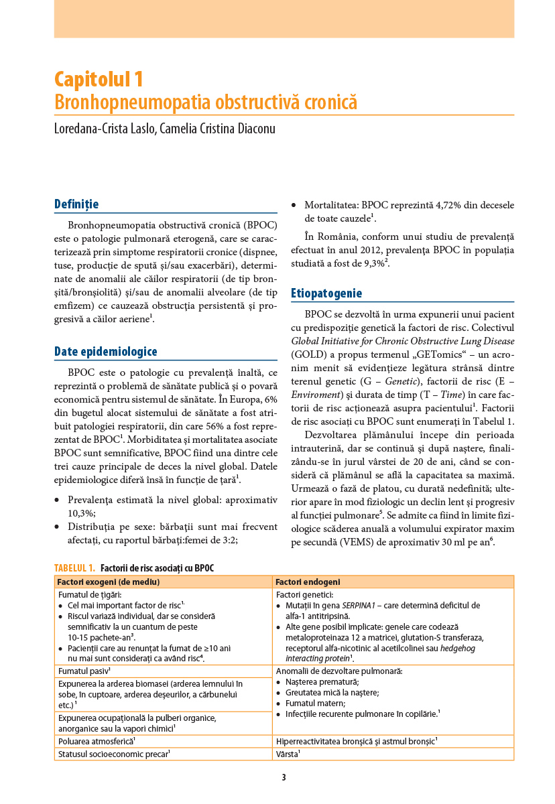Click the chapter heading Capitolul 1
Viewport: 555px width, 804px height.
(x=99, y=80)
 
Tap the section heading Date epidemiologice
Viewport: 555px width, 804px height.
(x=106, y=351)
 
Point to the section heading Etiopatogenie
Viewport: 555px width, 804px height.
(x=326, y=293)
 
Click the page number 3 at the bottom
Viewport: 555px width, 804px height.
(x=284, y=777)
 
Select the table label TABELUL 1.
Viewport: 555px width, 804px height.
(x=74, y=568)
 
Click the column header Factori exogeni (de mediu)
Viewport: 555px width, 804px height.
(x=108, y=582)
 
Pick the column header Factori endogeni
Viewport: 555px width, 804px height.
(x=308, y=582)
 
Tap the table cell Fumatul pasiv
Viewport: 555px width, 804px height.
(x=84, y=670)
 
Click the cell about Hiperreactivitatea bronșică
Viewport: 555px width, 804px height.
(x=355, y=741)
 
